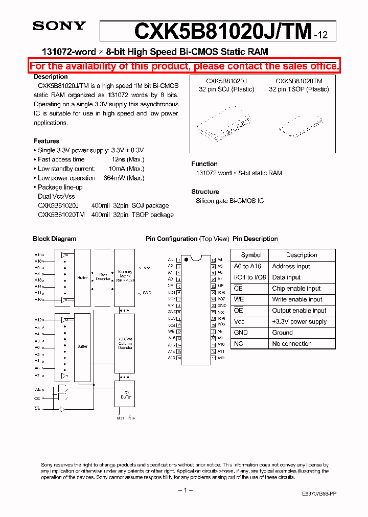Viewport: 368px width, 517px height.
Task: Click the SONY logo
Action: pyautogui.click(x=59, y=26)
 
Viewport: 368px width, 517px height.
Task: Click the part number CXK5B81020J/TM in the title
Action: pyautogui.click(x=223, y=31)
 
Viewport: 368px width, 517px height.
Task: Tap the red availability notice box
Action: pyautogui.click(x=184, y=66)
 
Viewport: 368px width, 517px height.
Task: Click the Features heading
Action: pyautogui.click(x=47, y=141)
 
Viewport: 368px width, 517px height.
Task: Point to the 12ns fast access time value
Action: pyautogui.click(x=126, y=159)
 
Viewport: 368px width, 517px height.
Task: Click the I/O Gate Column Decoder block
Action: pyautogui.click(x=125, y=344)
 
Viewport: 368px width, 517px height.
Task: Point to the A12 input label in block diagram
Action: pyautogui.click(x=39, y=320)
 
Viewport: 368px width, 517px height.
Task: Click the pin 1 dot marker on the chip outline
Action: pyautogui.click(x=186, y=260)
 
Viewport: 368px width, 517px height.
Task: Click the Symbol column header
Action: pyautogui.click(x=251, y=255)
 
